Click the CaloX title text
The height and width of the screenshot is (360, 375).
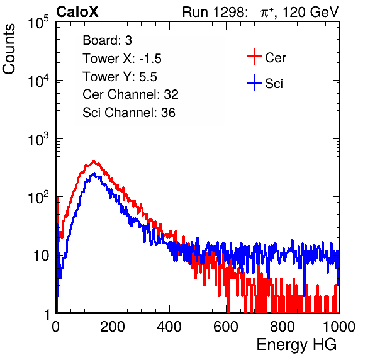pyautogui.click(x=77, y=12)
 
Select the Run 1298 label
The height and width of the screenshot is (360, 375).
pyautogui.click(x=215, y=12)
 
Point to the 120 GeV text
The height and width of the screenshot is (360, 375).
pyautogui.click(x=310, y=12)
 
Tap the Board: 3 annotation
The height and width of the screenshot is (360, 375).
pyautogui.click(x=107, y=40)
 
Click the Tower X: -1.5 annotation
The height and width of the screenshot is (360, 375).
pyautogui.click(x=122, y=59)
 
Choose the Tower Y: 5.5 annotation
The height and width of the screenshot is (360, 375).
pyautogui.click(x=120, y=77)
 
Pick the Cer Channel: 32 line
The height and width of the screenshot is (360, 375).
pyautogui.click(x=130, y=94)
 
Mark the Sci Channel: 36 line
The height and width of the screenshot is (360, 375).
pyautogui.click(x=129, y=113)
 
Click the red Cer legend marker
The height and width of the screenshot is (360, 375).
pyautogui.click(x=254, y=57)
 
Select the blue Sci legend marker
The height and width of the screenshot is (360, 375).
pyautogui.click(x=254, y=83)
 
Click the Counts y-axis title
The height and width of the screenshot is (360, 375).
pyautogui.click(x=9, y=49)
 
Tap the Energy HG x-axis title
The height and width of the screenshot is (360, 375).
pyautogui.click(x=296, y=344)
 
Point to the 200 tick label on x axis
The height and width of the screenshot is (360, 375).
pyautogui.click(x=113, y=327)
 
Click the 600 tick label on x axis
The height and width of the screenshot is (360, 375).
pyautogui.click(x=226, y=327)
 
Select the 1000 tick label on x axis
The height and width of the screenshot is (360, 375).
pyautogui.click(x=339, y=327)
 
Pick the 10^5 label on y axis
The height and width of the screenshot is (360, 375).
pyautogui.click(x=38, y=23)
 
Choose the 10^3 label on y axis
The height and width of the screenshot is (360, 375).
pyautogui.click(x=38, y=140)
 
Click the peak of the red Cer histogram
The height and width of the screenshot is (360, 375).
pyautogui.click(x=94, y=162)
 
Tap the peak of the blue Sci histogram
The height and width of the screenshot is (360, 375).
pyautogui.click(x=94, y=174)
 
